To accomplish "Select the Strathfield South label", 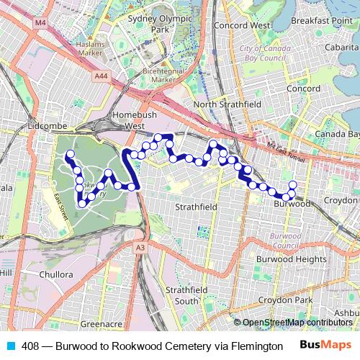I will pyautogui.click(x=181, y=295).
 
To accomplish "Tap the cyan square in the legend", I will pyautogui.click(x=11, y=345).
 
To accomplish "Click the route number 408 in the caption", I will pyautogui.click(x=30, y=345).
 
